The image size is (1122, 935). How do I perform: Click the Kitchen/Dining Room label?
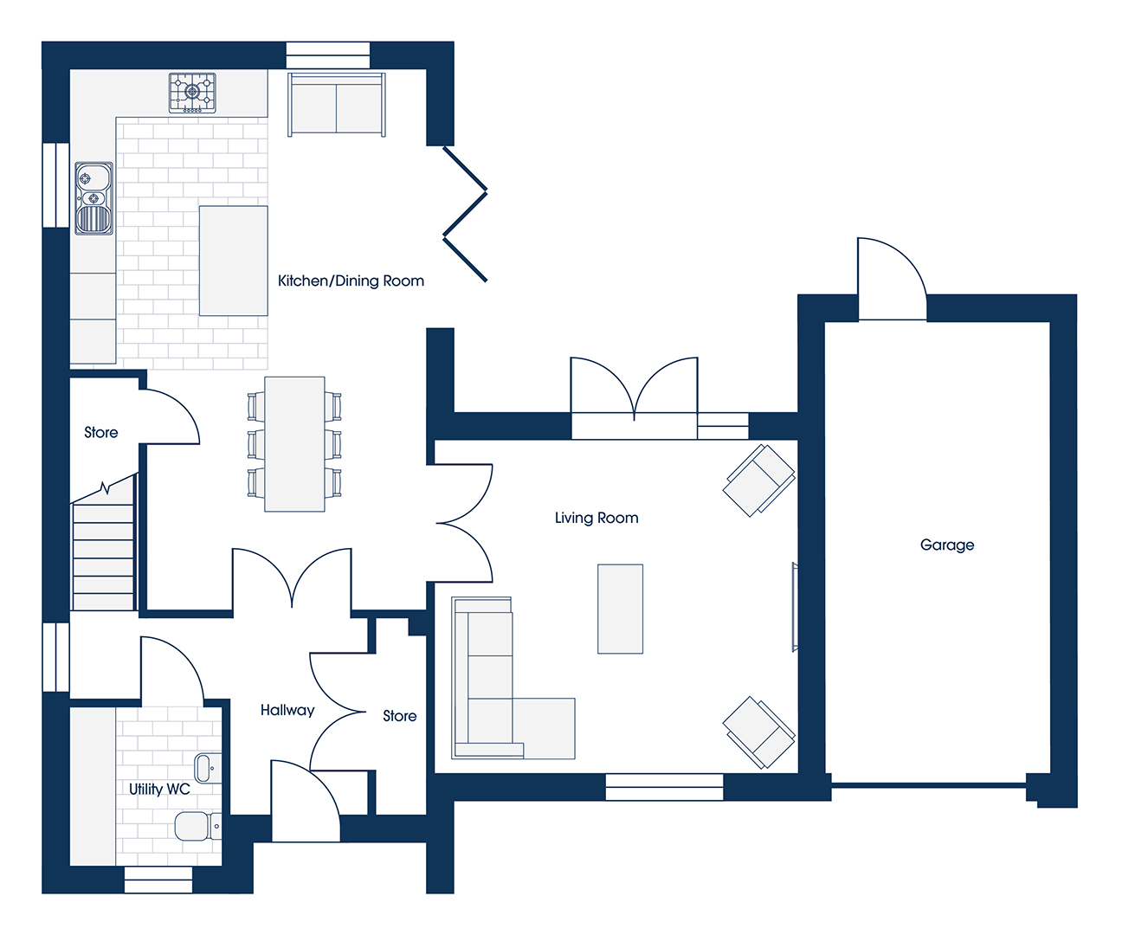tap(351, 281)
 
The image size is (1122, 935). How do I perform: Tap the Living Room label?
tap(596, 518)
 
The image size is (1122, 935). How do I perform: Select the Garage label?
tap(947, 545)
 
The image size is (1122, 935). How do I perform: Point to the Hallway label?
tap(287, 711)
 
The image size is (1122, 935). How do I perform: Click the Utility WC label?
tap(159, 789)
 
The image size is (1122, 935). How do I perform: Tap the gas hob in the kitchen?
tap(192, 93)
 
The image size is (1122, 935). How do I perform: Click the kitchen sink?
tap(94, 198)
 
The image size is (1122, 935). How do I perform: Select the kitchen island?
tap(233, 261)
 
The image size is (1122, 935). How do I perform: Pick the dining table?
tap(294, 444)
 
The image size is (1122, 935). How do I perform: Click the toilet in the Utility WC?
tap(197, 826)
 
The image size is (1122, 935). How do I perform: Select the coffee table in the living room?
tap(620, 609)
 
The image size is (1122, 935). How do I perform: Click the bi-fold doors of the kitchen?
tap(465, 214)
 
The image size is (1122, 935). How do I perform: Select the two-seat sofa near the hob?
tap(337, 104)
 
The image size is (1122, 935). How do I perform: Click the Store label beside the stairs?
tap(101, 433)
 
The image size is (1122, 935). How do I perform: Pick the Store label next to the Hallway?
tap(400, 716)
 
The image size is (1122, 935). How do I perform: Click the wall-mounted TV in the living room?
tap(795, 607)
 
